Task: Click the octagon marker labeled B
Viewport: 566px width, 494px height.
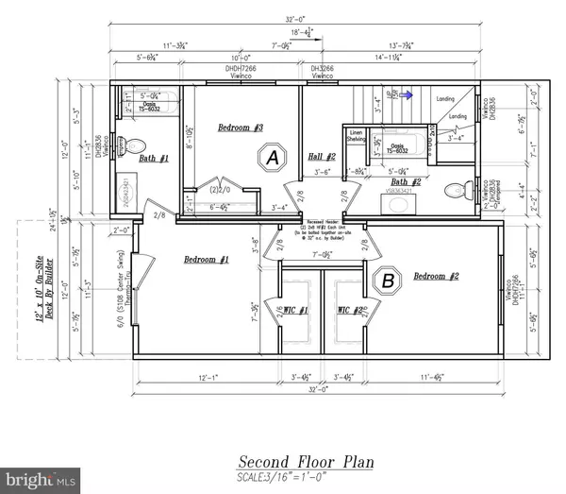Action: point(387,279)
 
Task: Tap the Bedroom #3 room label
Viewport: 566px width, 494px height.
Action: point(241,128)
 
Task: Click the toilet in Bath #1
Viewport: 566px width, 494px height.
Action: point(135,147)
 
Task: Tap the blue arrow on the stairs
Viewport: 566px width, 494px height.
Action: point(408,94)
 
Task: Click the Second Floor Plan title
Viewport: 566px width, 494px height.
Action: point(304,462)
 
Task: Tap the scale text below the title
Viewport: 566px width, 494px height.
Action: point(304,477)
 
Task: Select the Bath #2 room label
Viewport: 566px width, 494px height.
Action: point(406,181)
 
